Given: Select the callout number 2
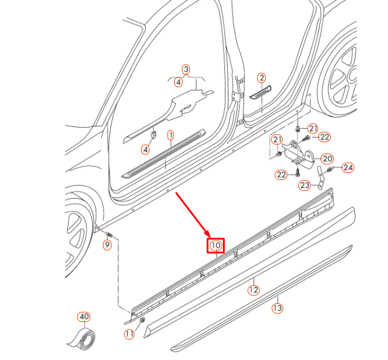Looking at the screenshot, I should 261,78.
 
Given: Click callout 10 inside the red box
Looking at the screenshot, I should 216,245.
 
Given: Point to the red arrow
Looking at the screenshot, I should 192,214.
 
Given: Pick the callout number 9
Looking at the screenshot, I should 107,244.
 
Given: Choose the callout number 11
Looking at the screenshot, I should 128,334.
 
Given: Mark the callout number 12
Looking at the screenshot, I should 254,290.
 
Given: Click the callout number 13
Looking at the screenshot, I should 277,308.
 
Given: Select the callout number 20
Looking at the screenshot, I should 327,159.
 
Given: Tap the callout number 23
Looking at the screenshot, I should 305,185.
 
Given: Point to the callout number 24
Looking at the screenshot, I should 348,167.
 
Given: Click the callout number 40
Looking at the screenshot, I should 83,317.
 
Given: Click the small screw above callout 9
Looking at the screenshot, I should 109,234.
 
